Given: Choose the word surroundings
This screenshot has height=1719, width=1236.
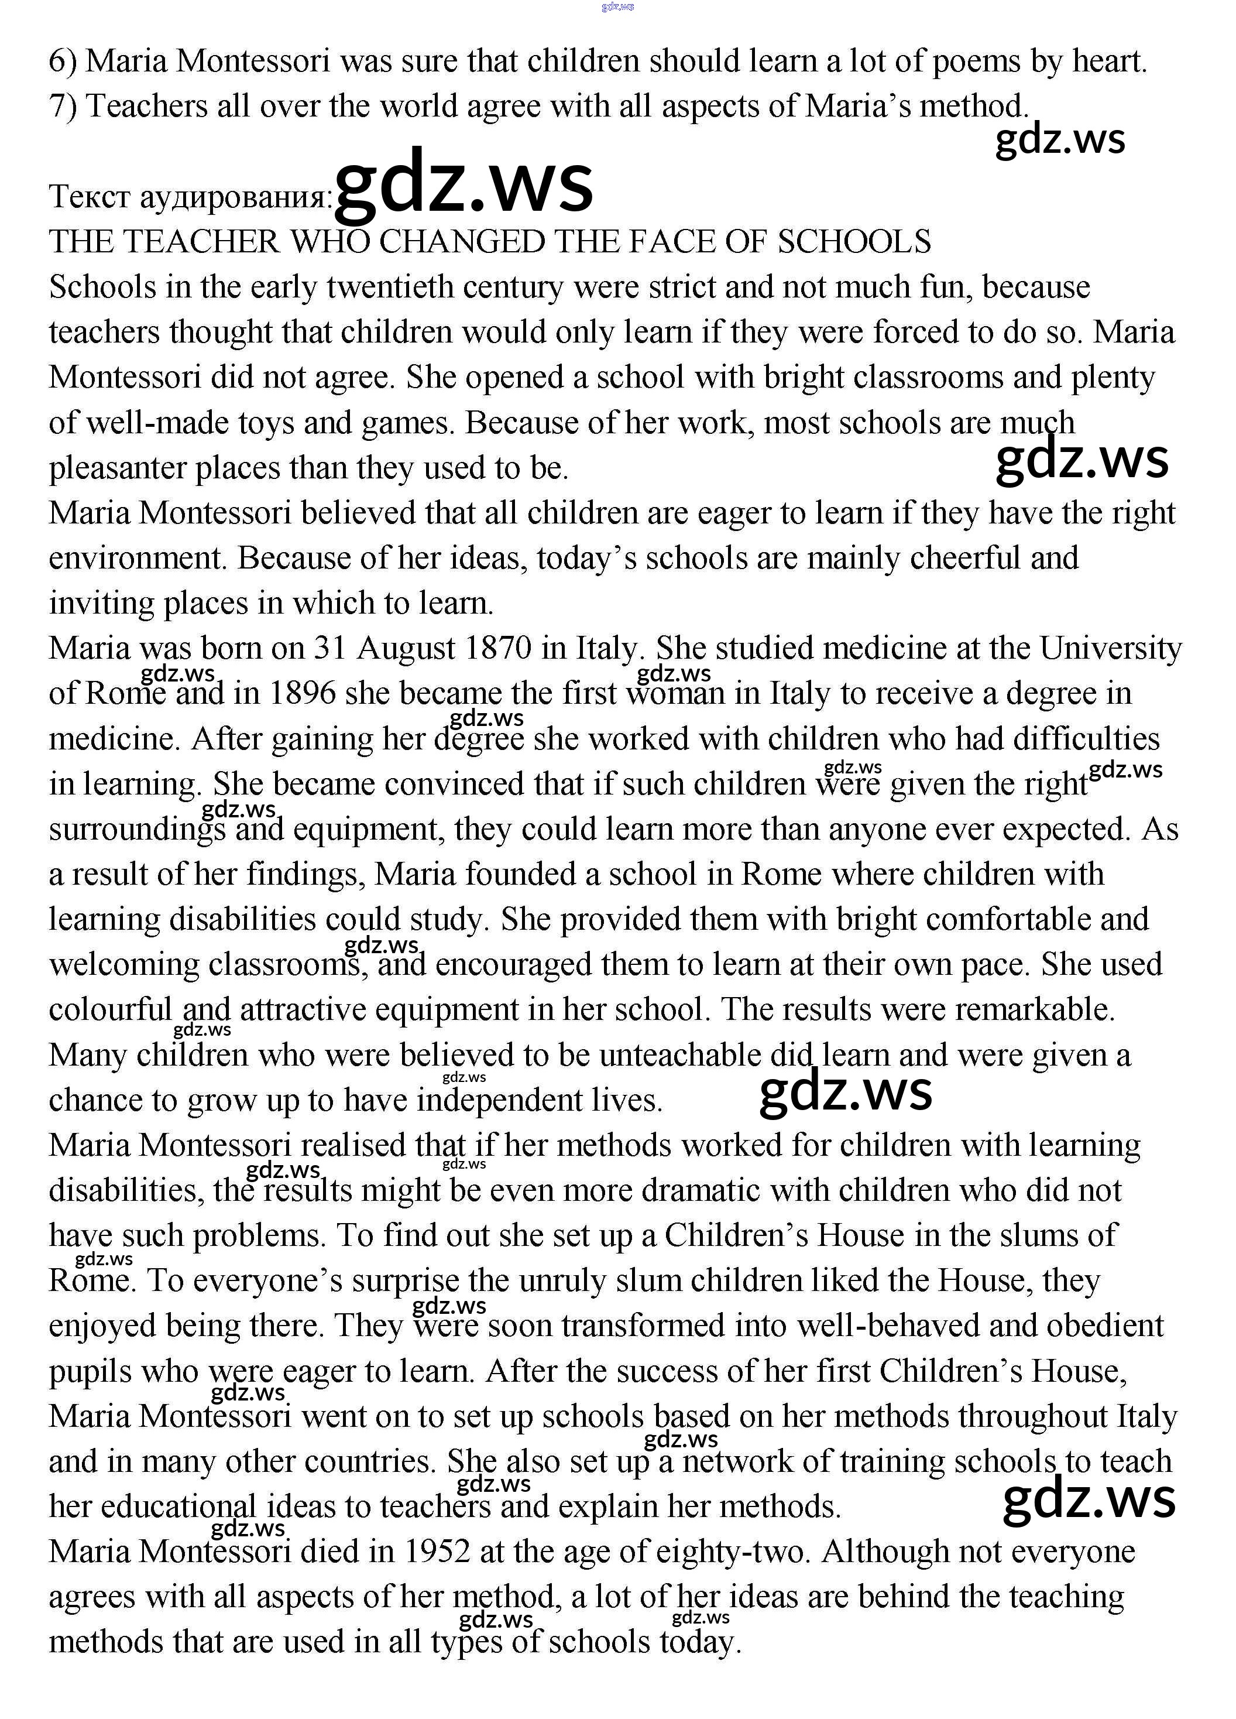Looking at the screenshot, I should (137, 829).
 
